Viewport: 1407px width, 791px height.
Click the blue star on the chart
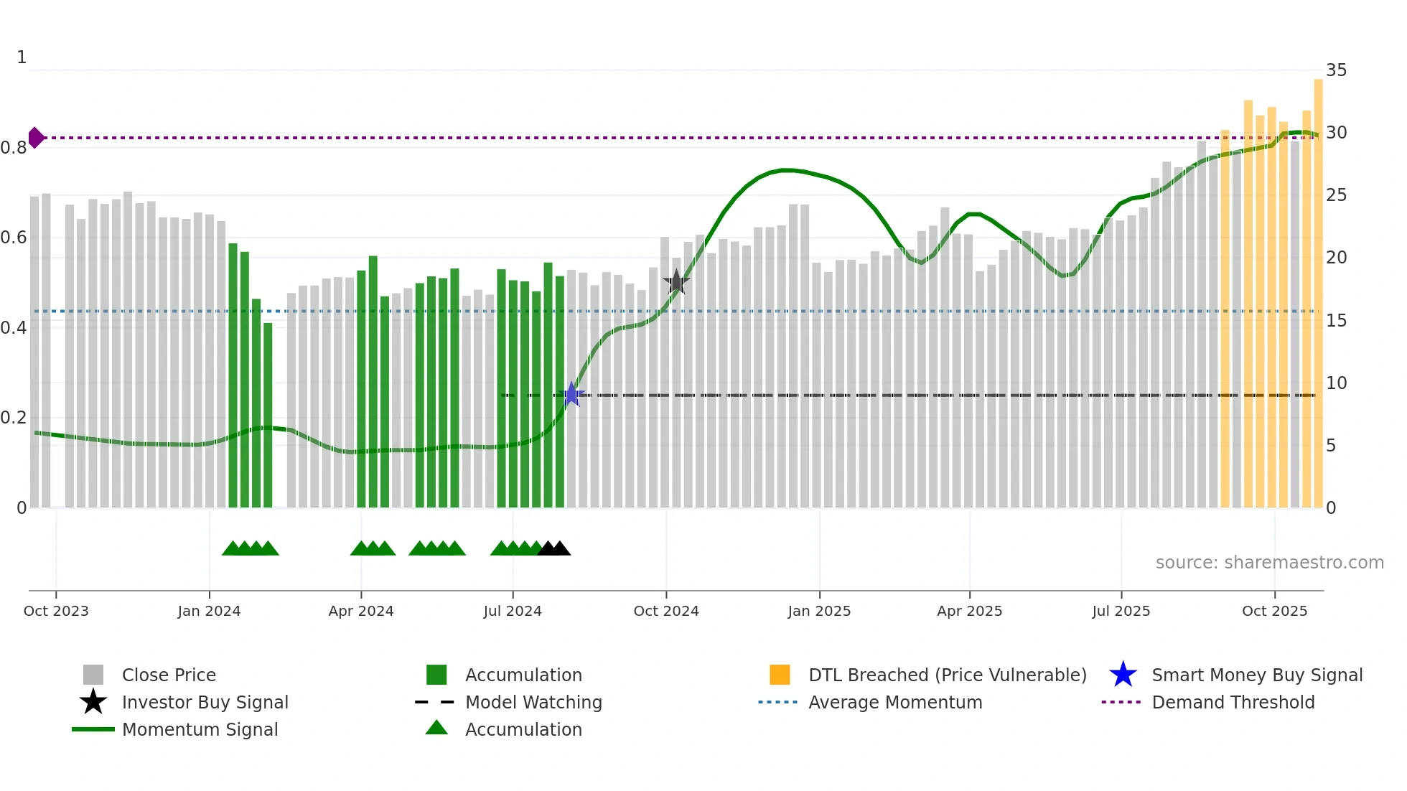(x=571, y=394)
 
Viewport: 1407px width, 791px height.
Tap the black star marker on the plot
(x=676, y=282)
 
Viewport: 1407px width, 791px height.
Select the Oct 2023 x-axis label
(x=56, y=611)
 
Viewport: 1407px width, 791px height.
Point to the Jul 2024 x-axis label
(x=513, y=611)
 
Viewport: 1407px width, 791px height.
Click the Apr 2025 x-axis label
(x=969, y=611)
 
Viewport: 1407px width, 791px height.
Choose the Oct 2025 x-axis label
(x=1274, y=611)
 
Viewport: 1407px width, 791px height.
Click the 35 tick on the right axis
(x=1336, y=70)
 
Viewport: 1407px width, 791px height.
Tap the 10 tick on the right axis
(x=1336, y=383)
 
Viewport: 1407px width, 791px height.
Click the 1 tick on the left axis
(x=22, y=57)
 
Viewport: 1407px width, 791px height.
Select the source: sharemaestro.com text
(x=1269, y=563)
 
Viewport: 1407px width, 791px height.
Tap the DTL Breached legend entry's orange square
(x=780, y=675)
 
